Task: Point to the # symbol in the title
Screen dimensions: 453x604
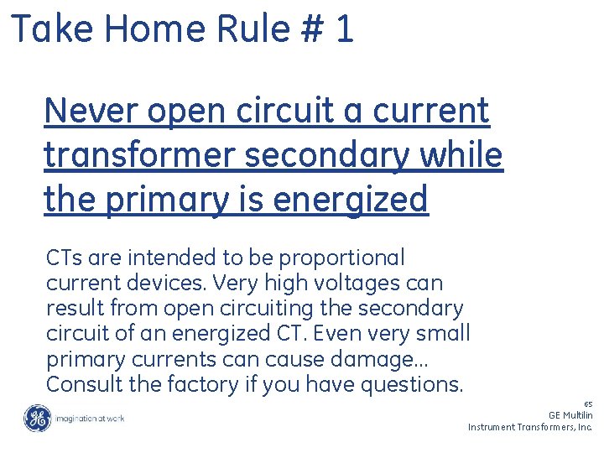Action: point(310,29)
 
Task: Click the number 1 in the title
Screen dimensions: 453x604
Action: point(344,29)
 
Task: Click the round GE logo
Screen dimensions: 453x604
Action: point(37,417)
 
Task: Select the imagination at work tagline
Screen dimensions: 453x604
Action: point(89,418)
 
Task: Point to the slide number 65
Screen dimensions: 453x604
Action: point(588,404)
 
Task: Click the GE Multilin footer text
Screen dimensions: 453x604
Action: point(570,415)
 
